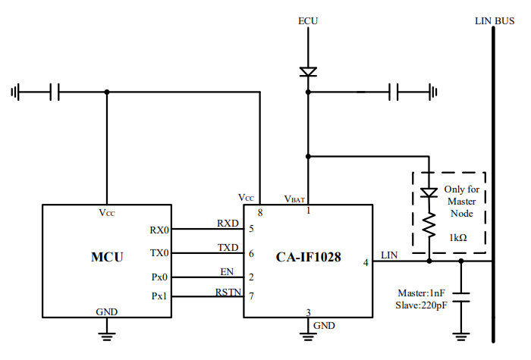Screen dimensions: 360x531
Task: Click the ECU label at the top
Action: [x=308, y=20]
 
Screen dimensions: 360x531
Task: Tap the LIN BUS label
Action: [x=494, y=20]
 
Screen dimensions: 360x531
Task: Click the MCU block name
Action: [x=107, y=257]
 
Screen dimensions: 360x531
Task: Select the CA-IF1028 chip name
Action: [x=308, y=257]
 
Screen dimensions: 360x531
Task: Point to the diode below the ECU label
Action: [x=308, y=72]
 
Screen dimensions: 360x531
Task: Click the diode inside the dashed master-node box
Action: [x=429, y=193]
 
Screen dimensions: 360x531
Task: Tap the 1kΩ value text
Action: [x=457, y=237]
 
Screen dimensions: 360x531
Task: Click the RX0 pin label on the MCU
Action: [x=161, y=229]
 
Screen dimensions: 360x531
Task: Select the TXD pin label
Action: [x=228, y=248]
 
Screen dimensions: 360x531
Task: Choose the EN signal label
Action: [x=227, y=271]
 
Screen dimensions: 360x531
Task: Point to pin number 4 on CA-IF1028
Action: [x=366, y=262]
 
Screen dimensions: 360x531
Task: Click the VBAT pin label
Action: [x=294, y=199]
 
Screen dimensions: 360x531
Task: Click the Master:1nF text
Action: [x=421, y=293]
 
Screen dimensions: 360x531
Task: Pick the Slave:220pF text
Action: [x=421, y=305]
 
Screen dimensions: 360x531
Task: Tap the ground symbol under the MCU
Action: [x=107, y=328]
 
